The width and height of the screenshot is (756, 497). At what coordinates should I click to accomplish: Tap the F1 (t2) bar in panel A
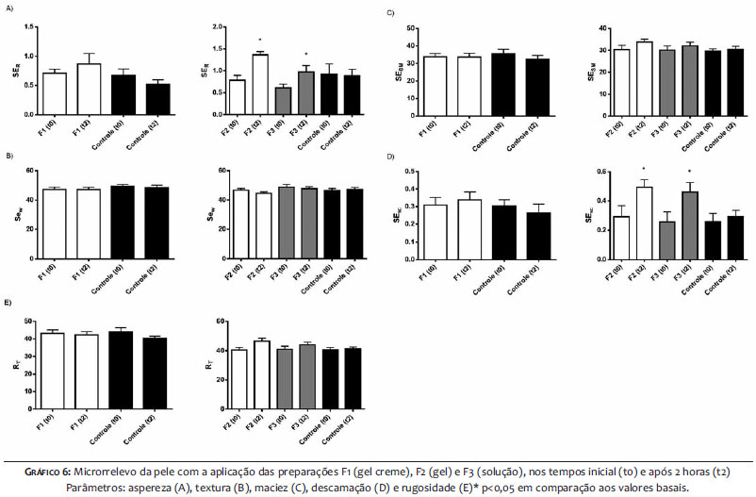89,90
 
